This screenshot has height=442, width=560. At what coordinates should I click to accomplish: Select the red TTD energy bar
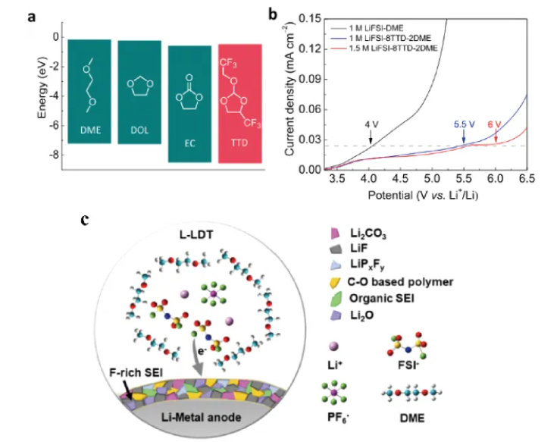239,102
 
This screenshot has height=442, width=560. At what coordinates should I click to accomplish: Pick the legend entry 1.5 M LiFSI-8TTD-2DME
388,49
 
